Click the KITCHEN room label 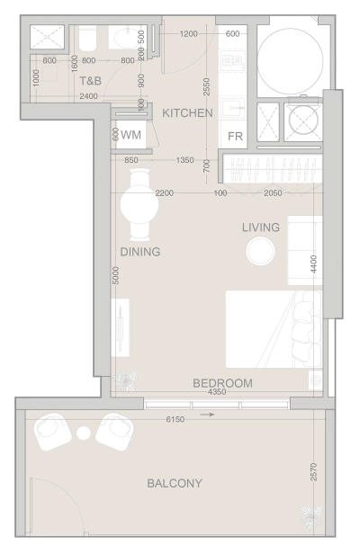187,113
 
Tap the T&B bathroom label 90,80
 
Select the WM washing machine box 130,135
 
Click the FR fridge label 236,137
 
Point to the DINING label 139,253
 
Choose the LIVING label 260,228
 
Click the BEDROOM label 222,383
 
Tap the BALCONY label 175,484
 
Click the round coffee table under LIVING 260,251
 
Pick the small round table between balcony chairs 84,433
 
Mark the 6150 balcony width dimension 180,420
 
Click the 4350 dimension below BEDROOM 216,392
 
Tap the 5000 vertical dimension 115,275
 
